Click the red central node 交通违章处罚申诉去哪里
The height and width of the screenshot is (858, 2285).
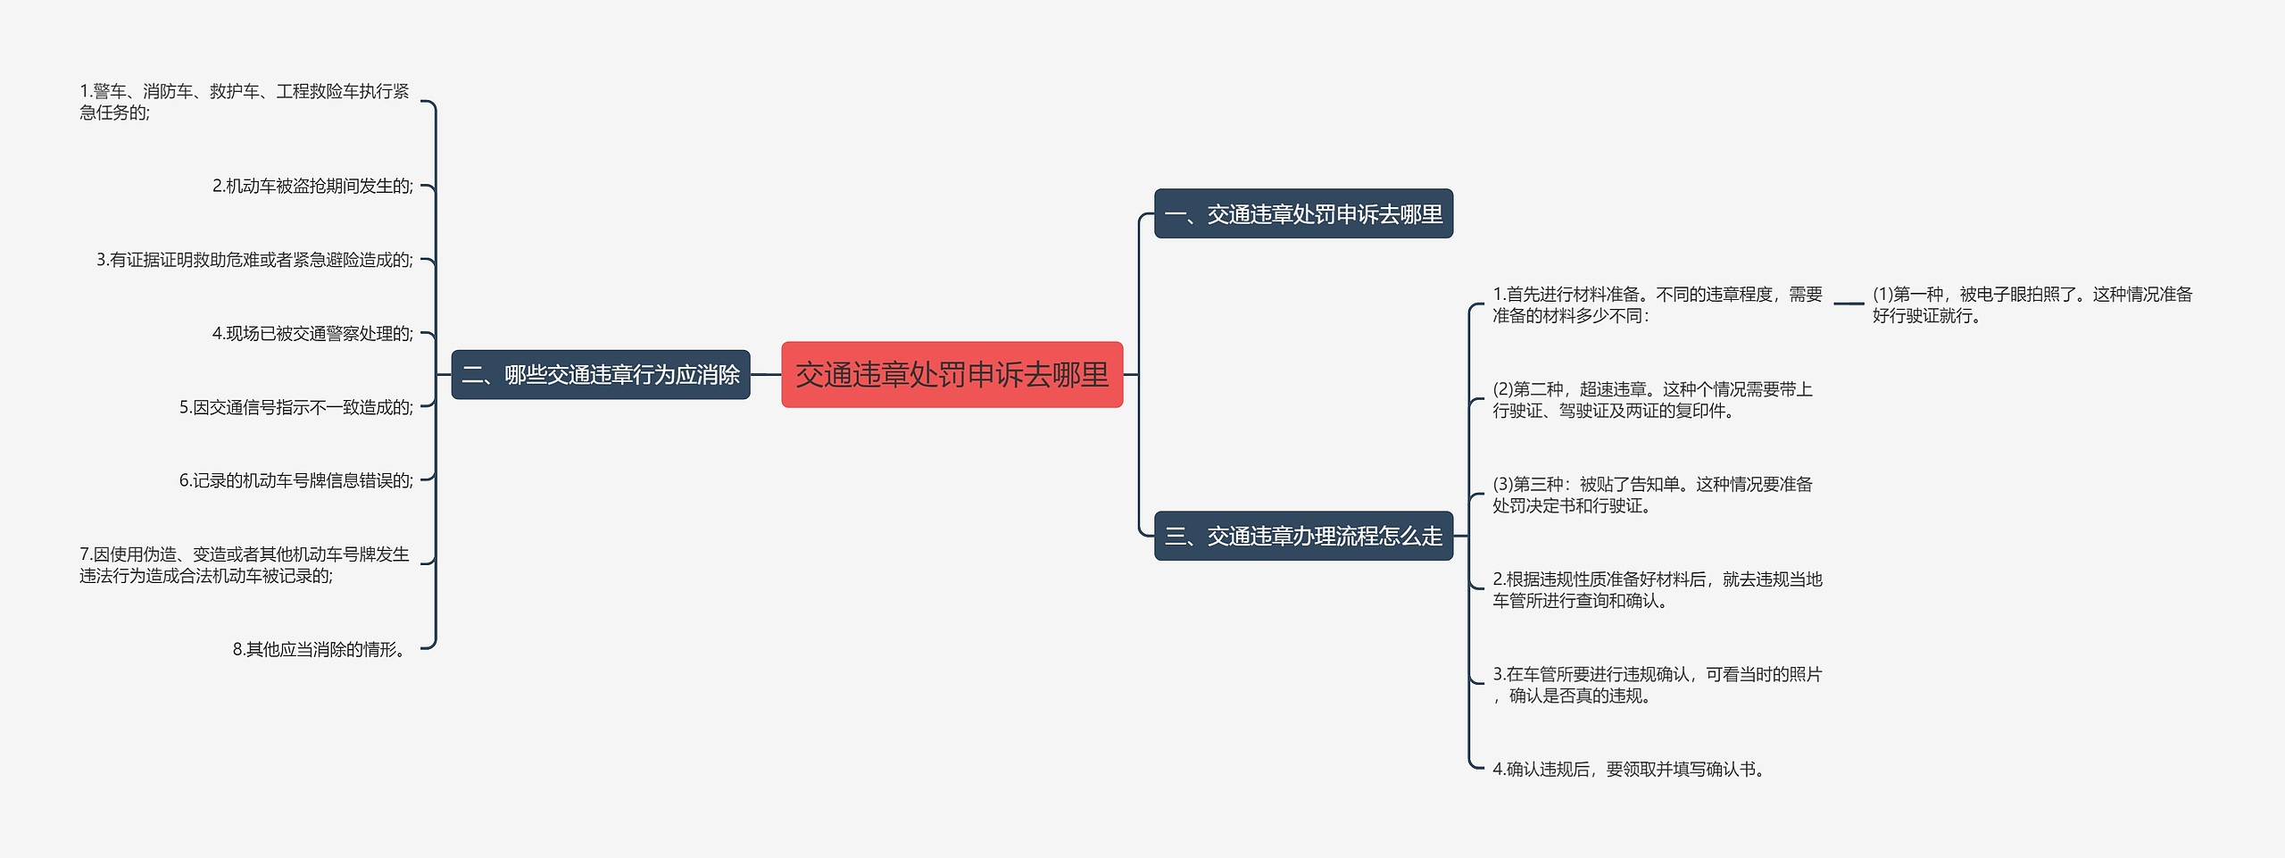pos(951,375)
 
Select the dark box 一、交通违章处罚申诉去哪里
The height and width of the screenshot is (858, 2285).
pos(1303,214)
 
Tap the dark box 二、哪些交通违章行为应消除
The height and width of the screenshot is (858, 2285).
pos(600,375)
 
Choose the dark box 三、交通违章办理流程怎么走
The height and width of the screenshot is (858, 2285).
pos(1303,536)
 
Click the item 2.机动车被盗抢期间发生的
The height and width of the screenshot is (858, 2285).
pos(312,187)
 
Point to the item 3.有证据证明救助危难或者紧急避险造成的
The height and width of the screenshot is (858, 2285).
pos(254,261)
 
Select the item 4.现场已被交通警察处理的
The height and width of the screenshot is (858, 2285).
pos(312,334)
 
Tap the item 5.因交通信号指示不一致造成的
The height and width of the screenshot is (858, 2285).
pos(295,408)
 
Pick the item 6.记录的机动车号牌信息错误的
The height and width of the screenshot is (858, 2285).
pos(295,481)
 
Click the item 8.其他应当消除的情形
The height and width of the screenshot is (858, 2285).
pos(320,650)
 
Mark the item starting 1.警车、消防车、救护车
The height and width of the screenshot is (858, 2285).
pos(244,102)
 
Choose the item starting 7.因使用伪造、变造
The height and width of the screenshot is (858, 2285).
pos(244,565)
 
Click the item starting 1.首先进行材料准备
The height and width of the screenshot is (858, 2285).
pos(1657,305)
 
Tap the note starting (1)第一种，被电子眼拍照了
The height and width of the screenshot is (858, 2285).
pos(2032,305)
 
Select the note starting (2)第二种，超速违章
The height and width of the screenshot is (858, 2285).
pos(1652,400)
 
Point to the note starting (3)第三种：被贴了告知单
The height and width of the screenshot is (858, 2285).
pos(1652,495)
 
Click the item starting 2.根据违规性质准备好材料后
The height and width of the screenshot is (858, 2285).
pos(1657,590)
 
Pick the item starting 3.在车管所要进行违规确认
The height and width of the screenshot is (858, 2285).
pos(1657,685)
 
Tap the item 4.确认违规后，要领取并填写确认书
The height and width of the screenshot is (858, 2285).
pos(1628,770)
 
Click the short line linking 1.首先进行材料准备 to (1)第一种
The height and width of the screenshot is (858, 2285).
pos(1848,304)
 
